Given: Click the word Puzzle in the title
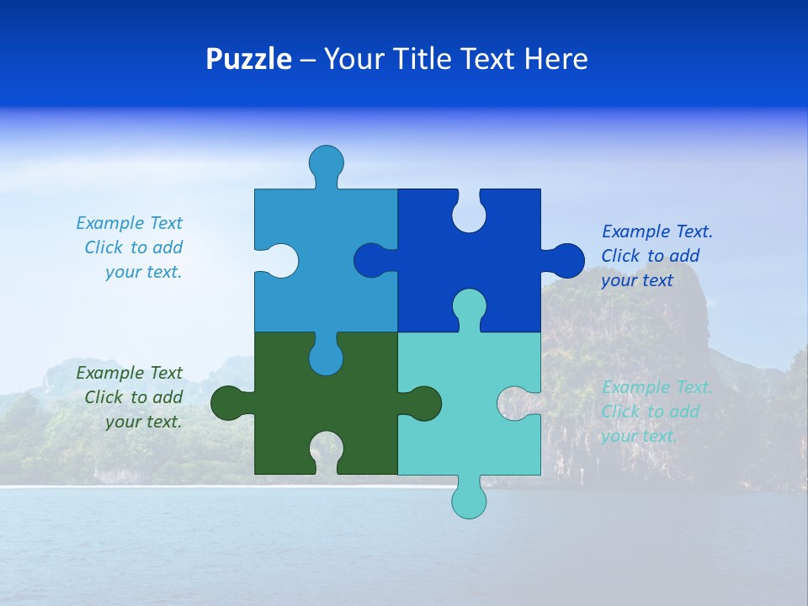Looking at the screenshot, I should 248,59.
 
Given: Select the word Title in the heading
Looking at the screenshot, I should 427,59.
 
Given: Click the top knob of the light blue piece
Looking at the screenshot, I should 326,162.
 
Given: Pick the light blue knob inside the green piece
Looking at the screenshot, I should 326,357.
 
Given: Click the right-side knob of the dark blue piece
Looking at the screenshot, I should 566,261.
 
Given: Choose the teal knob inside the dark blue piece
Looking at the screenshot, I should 469,306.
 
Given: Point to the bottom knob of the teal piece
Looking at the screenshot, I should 469,500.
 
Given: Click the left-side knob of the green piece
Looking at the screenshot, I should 228,403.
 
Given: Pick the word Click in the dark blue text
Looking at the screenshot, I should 621,256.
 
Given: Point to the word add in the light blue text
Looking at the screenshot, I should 167,247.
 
